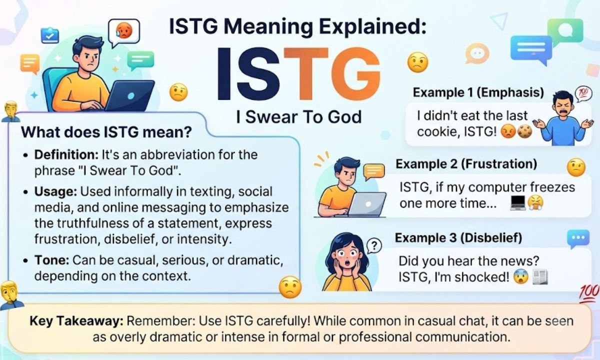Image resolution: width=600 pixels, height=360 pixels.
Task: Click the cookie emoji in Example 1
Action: (524, 132)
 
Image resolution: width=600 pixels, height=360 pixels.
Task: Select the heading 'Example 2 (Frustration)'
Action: (466, 164)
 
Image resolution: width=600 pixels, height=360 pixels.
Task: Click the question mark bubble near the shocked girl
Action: (374, 245)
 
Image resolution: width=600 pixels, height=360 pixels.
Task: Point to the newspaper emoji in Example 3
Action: (540, 277)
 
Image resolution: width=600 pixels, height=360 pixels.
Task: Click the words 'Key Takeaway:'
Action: (76, 321)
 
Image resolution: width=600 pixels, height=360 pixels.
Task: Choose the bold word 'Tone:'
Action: (52, 260)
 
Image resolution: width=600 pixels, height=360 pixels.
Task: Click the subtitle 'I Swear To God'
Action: (299, 117)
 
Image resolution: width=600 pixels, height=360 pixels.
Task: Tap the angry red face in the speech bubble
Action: (124, 30)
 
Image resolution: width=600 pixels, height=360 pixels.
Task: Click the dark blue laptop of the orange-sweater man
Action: (130, 95)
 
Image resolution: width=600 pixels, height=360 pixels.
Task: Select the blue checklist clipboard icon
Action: (49, 35)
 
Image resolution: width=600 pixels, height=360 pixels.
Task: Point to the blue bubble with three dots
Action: (578, 238)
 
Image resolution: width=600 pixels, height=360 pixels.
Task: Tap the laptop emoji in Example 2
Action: (517, 203)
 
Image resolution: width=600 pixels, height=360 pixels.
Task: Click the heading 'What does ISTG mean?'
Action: (106, 132)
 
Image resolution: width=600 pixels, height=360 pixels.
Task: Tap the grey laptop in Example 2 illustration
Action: (367, 204)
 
